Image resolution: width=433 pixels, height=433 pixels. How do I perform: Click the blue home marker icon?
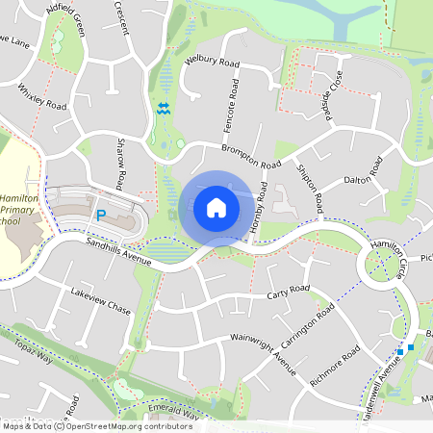tap(216, 207)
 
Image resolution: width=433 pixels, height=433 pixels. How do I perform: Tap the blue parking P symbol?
tap(99, 216)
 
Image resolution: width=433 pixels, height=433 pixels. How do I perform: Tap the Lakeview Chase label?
tap(100, 301)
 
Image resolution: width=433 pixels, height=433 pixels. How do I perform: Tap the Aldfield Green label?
tap(66, 19)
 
